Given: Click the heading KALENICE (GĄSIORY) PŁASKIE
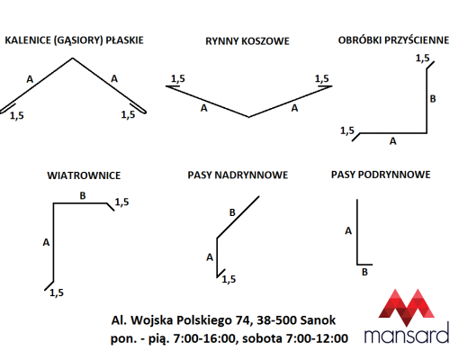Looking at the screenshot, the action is click(x=74, y=40).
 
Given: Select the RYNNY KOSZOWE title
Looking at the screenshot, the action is click(x=247, y=41).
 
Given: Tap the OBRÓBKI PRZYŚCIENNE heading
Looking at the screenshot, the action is click(x=393, y=40).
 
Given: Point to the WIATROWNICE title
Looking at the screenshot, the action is click(x=84, y=175).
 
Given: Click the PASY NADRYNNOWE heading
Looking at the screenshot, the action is click(x=238, y=175).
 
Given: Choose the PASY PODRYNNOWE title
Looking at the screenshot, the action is click(x=381, y=175).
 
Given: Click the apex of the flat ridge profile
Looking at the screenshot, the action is click(x=73, y=58).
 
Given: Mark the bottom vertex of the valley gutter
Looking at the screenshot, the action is click(x=248, y=117).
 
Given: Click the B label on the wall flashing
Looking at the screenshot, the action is click(x=433, y=99).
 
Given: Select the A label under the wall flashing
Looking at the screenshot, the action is click(x=393, y=141).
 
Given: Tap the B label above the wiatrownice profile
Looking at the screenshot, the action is click(x=83, y=196).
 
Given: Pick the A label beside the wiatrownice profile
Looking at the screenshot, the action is click(x=46, y=242).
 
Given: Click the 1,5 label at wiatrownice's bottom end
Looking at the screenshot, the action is click(x=57, y=292).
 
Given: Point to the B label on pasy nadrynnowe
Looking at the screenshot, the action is click(x=232, y=212).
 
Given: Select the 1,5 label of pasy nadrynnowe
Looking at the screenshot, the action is click(x=229, y=280).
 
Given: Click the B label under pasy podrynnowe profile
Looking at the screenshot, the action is click(x=364, y=273).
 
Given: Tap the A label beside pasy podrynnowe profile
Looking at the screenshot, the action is click(x=348, y=231).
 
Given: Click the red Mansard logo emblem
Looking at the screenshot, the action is click(x=407, y=307).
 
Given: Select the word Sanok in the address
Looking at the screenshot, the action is click(x=318, y=320).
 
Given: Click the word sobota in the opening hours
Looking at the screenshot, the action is click(x=262, y=338).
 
